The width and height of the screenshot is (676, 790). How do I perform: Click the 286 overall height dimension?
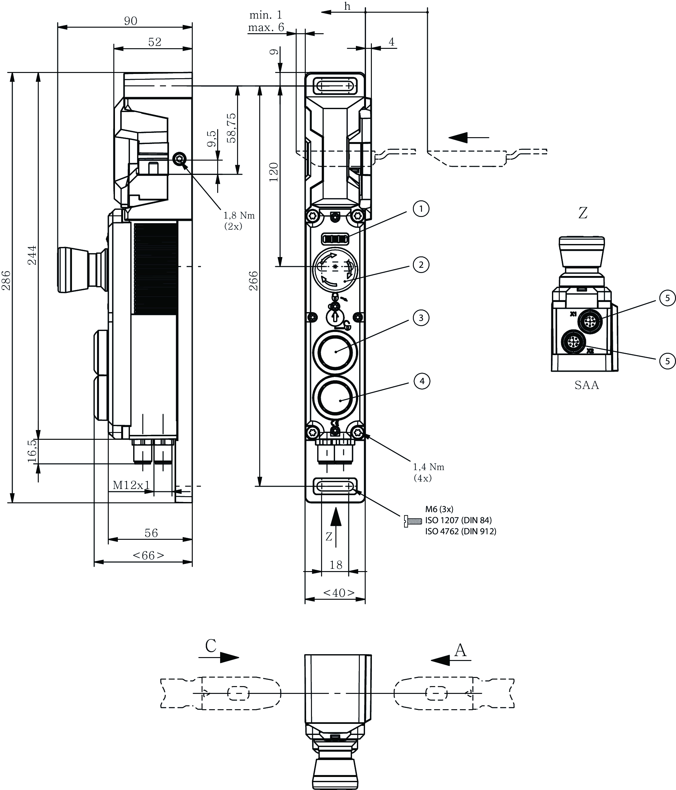(6, 280)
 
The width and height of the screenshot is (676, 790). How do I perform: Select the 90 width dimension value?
(131, 21)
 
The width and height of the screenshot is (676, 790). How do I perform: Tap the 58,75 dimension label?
(231, 128)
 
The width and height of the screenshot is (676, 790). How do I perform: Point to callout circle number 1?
(421, 208)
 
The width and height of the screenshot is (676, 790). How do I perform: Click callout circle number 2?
(421, 265)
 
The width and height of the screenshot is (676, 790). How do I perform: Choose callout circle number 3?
(421, 318)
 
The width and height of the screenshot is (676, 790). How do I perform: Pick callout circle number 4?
(422, 381)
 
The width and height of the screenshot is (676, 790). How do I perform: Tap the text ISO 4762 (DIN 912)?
(461, 531)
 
